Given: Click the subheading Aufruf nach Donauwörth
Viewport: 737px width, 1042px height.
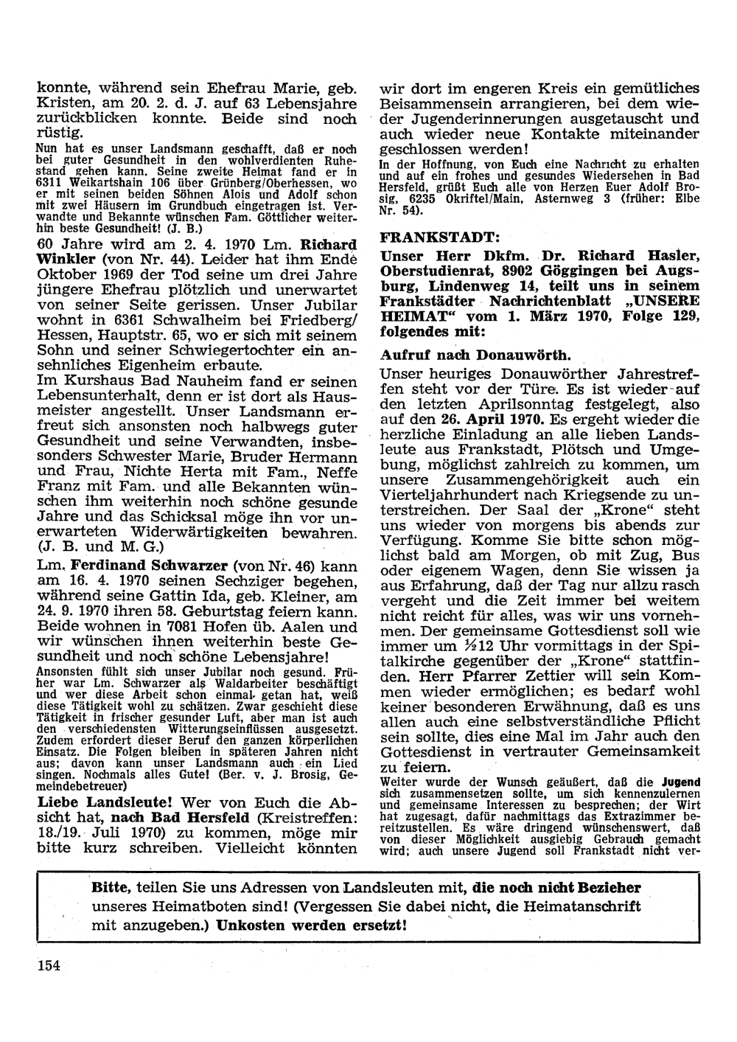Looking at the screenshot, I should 455,354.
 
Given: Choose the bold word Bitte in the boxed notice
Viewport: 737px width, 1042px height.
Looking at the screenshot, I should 109,887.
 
